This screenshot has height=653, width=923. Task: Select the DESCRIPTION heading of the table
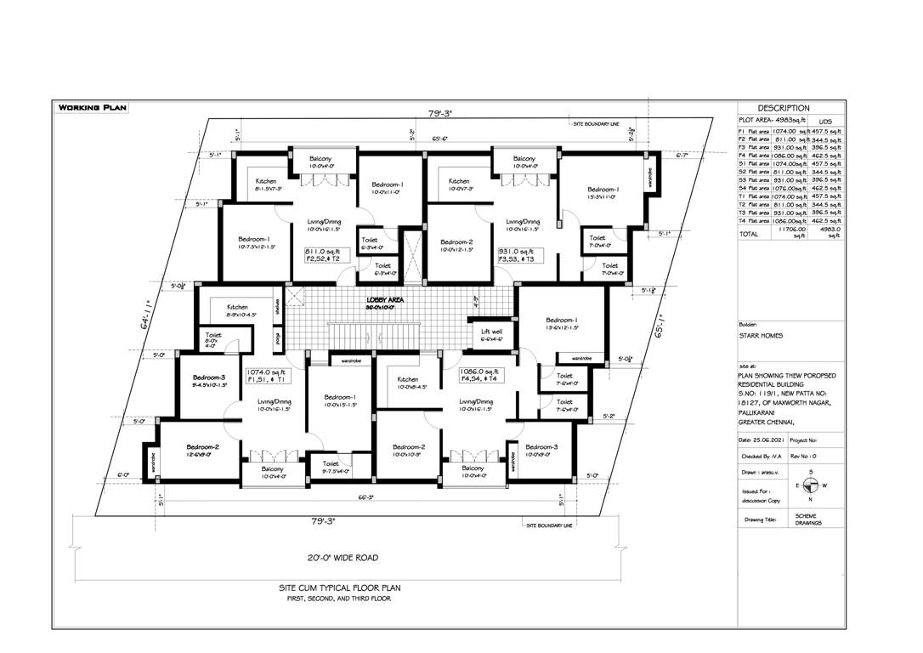[783, 108]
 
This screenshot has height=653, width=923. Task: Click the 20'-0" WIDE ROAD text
[343, 558]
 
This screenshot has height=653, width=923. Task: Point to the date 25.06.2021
[762, 440]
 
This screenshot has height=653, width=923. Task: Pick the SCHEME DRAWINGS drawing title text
[808, 519]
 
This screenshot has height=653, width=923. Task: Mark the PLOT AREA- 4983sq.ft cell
[769, 122]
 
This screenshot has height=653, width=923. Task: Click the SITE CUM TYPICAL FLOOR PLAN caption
[339, 588]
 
